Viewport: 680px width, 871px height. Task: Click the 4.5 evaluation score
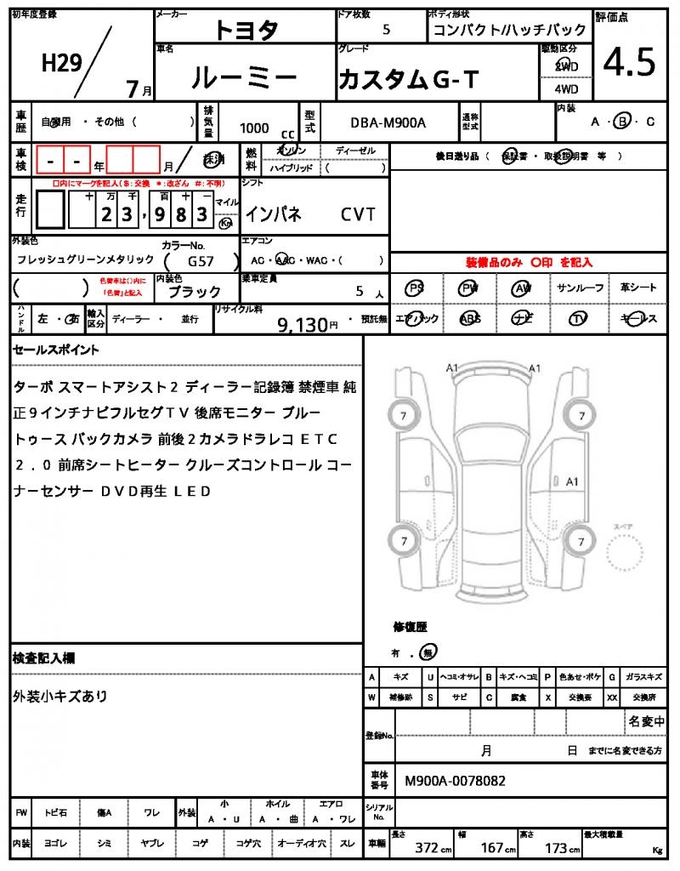click(629, 62)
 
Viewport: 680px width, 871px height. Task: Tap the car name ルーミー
click(244, 78)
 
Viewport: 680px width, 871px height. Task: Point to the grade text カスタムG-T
click(409, 80)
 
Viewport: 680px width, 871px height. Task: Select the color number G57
click(201, 262)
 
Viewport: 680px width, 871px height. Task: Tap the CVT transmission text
click(358, 214)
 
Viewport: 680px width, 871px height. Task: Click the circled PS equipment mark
click(415, 287)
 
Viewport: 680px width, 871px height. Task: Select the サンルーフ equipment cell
click(581, 287)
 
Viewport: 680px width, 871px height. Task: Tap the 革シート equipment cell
click(638, 287)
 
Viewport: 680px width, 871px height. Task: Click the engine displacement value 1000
click(254, 128)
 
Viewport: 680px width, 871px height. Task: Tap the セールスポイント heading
click(56, 349)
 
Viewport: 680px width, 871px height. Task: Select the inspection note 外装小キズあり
click(60, 696)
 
